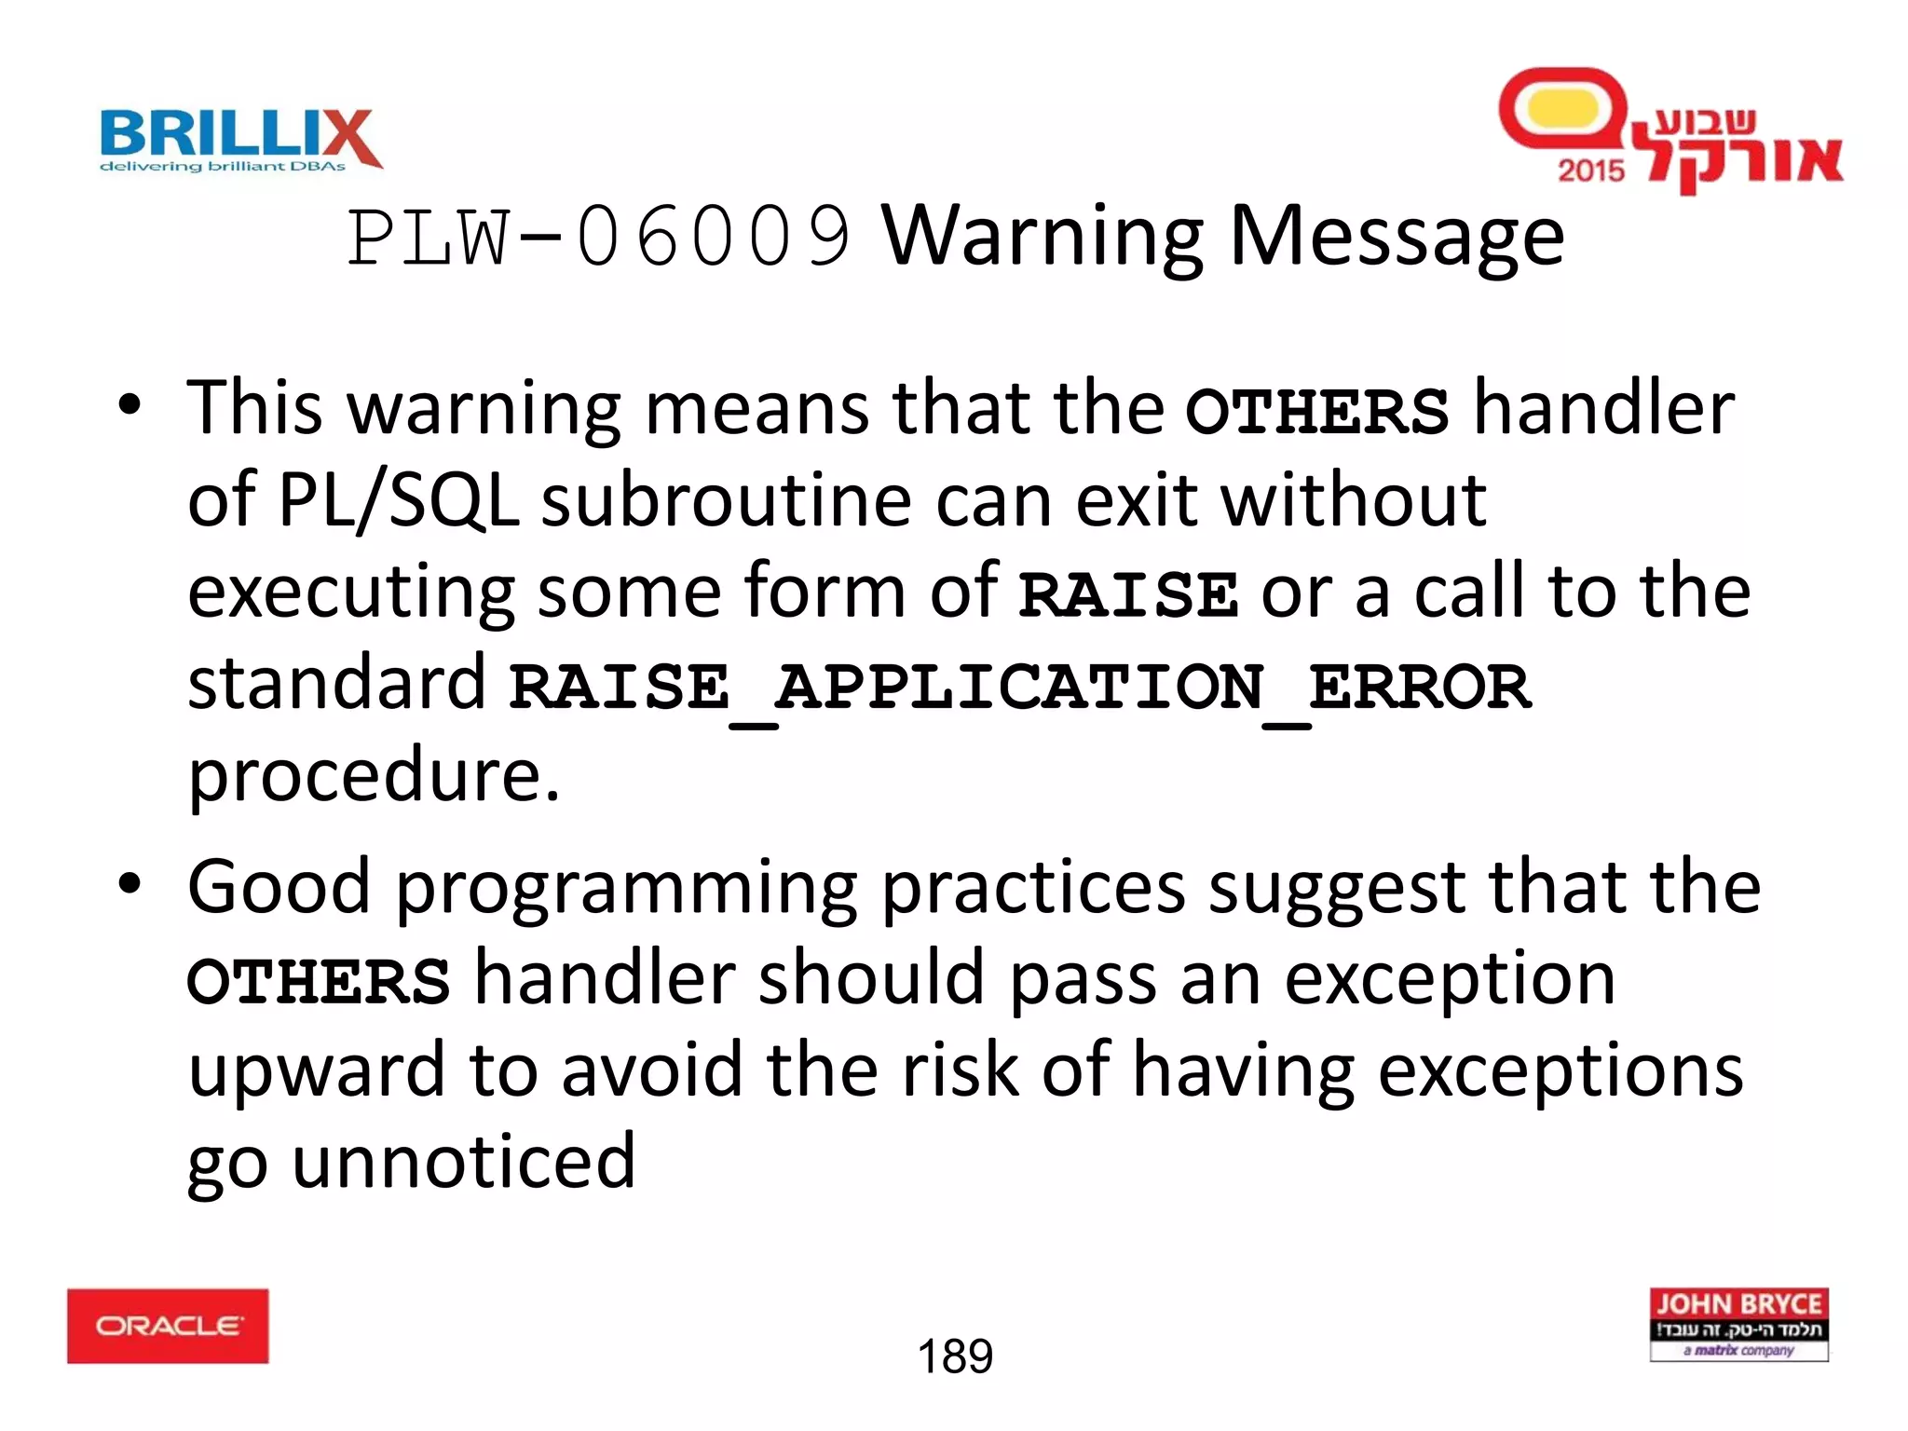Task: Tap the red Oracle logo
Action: tap(168, 1326)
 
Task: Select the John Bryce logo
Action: tap(1738, 1324)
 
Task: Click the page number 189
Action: tap(955, 1356)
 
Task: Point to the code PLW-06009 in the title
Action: tap(598, 238)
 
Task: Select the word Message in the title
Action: tap(1397, 238)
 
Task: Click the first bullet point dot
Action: tap(129, 405)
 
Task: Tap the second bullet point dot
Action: tap(129, 883)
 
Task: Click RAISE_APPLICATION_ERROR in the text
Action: tap(1019, 688)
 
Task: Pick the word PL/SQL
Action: tap(399, 501)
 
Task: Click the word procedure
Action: tap(374, 775)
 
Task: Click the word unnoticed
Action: tap(463, 1162)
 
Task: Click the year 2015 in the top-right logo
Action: tap(1590, 170)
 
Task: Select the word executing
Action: tap(350, 593)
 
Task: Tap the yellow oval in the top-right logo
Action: tap(1563, 109)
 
